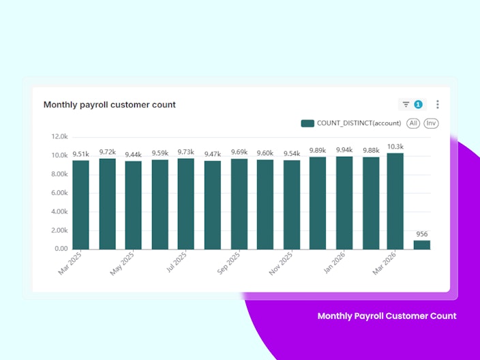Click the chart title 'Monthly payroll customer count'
[x=110, y=105]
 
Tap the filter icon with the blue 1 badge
[x=412, y=105]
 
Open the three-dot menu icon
[x=438, y=104]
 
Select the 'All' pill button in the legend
[x=413, y=123]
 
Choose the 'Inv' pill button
[x=431, y=123]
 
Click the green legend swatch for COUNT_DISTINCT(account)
[x=307, y=123]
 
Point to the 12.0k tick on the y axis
[x=59, y=136]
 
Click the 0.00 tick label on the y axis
[x=61, y=249]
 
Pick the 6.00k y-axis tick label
[x=59, y=193]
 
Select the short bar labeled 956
[x=422, y=245]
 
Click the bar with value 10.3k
[x=395, y=201]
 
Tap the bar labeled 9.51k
[x=81, y=205]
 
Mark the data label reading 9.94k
[x=344, y=150]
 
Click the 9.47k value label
[x=213, y=154]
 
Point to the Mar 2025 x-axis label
[x=70, y=263]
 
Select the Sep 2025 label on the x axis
[x=228, y=263]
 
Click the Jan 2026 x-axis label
[x=334, y=262]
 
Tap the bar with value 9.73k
[x=186, y=204]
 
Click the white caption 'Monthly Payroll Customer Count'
[x=387, y=316]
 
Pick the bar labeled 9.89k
[x=318, y=203]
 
